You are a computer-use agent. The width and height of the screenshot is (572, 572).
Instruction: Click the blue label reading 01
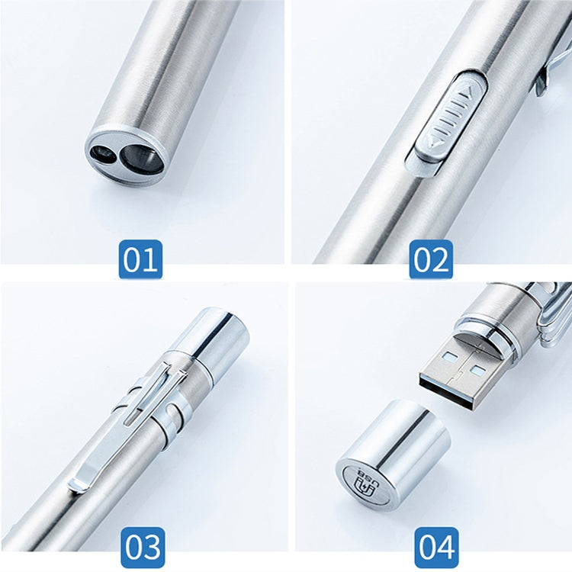coord(141,259)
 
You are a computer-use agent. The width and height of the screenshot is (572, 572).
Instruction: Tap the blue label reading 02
coord(431,259)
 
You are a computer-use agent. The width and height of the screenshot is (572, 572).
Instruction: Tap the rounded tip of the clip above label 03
coord(79,483)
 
